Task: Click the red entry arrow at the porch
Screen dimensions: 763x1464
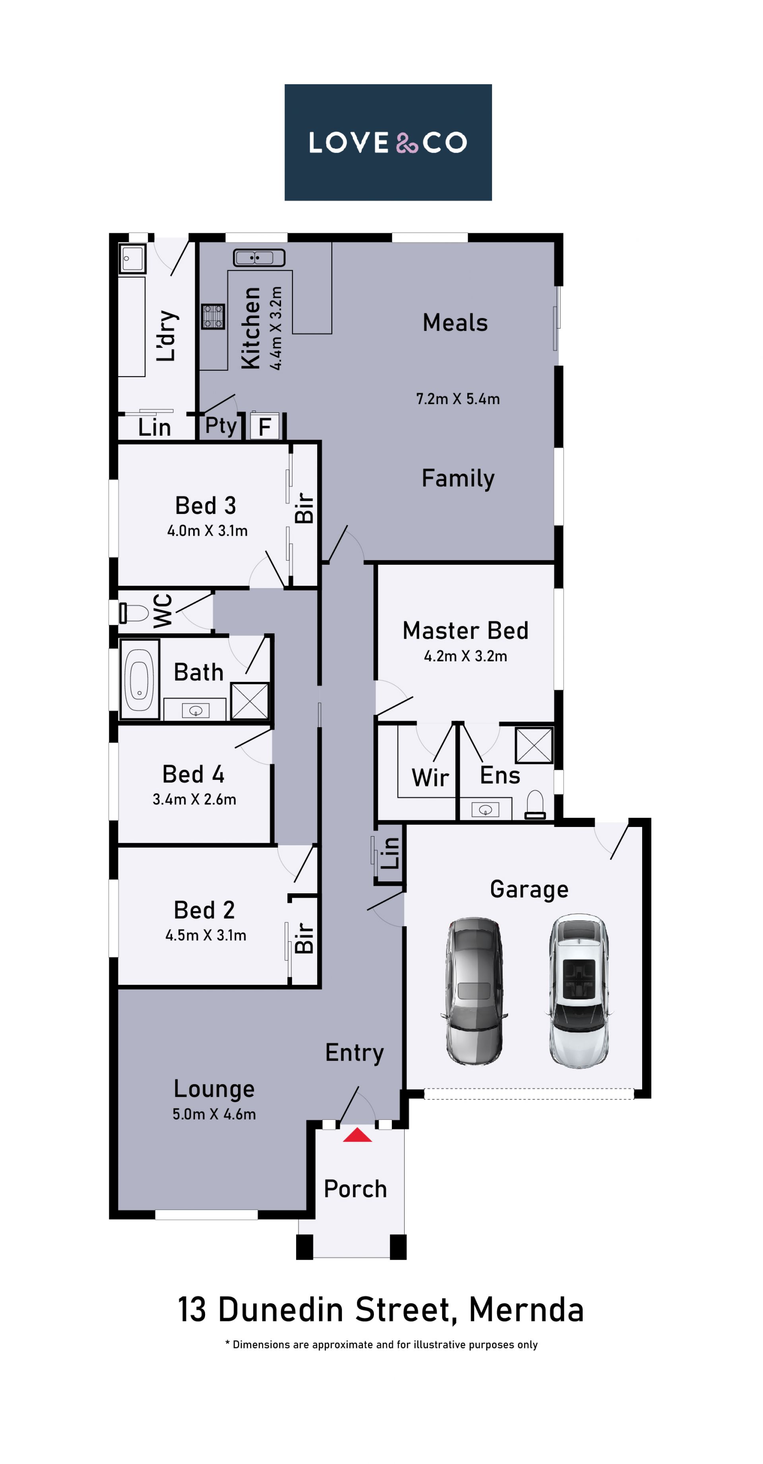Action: tap(357, 1135)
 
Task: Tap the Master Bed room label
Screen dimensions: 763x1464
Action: tap(465, 631)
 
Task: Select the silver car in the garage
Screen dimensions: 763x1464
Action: tap(474, 991)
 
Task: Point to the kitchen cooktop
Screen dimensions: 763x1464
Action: tap(213, 317)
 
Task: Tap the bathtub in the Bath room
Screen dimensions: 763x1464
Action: tap(139, 679)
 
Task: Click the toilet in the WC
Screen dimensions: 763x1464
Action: tap(134, 613)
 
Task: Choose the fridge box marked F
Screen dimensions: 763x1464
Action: tap(265, 426)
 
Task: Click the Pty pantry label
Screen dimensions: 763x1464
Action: tap(221, 426)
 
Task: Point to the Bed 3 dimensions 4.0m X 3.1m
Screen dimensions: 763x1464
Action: tap(207, 531)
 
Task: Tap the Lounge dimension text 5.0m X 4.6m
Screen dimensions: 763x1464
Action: tap(214, 1114)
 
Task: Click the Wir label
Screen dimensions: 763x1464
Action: tap(430, 777)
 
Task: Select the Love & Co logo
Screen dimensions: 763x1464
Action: tap(388, 142)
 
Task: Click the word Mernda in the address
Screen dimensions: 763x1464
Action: tap(527, 1310)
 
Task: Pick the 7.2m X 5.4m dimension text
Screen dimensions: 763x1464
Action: tap(458, 399)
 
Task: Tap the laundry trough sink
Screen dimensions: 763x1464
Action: tap(132, 259)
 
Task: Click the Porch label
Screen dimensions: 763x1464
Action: tap(355, 1189)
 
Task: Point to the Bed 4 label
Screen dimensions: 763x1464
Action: tap(193, 774)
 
